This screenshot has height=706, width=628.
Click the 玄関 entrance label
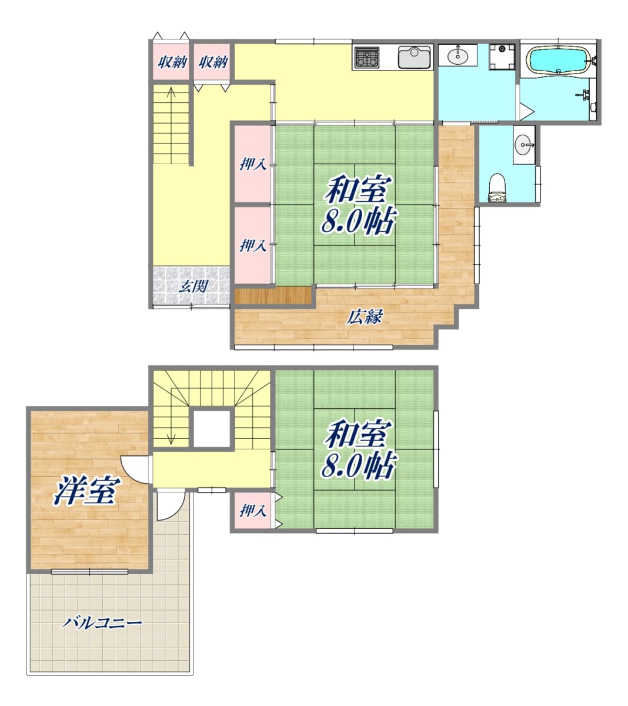(x=193, y=287)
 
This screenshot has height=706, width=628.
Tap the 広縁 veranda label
(x=364, y=317)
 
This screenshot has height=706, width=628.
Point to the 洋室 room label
(x=86, y=491)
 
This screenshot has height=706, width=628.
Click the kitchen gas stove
(x=367, y=57)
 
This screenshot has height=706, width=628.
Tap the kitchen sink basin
(x=415, y=57)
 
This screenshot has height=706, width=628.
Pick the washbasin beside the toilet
(x=524, y=144)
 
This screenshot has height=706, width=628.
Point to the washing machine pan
(x=502, y=57)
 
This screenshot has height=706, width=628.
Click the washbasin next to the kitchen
(x=457, y=55)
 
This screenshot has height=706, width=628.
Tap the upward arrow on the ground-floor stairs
(x=171, y=125)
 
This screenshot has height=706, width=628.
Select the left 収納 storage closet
(x=171, y=62)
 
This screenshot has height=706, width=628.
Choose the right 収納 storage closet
(x=212, y=62)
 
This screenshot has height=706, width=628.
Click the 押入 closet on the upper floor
(x=253, y=511)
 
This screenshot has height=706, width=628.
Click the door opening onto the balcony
(x=171, y=504)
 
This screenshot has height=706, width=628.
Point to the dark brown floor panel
(x=273, y=295)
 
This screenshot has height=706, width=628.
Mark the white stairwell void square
(x=212, y=428)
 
